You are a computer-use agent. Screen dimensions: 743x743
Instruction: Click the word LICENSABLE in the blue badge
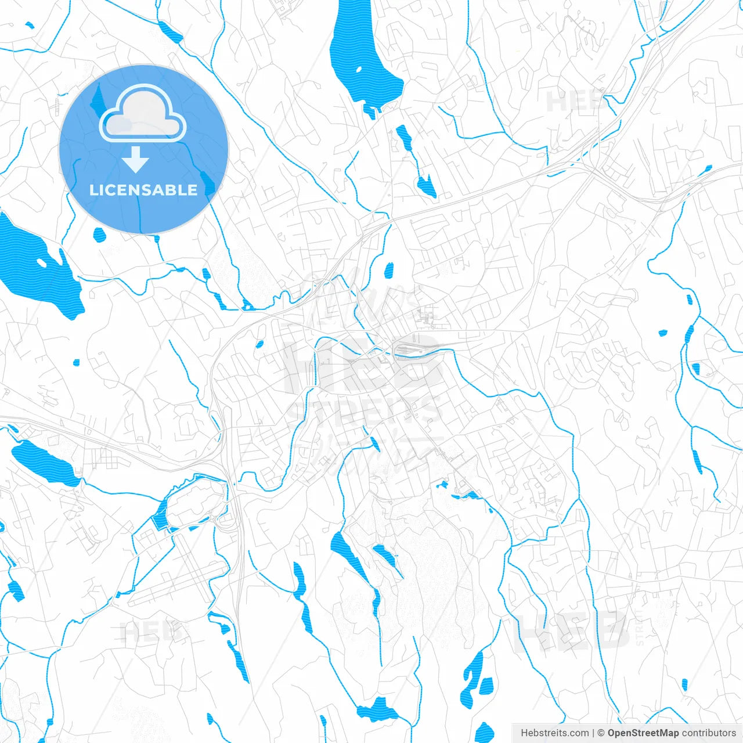click(143, 190)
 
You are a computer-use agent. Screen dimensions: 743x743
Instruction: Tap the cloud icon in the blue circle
click(143, 114)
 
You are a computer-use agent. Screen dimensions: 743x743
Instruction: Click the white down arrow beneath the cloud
click(136, 160)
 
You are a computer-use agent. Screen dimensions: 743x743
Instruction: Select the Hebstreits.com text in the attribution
click(554, 733)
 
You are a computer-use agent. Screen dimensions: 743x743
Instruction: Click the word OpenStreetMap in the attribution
click(643, 733)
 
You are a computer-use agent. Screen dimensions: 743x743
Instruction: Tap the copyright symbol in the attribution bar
click(601, 733)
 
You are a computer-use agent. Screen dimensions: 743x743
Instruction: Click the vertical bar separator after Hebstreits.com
click(593, 733)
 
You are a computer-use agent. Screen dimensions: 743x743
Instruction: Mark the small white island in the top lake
click(358, 70)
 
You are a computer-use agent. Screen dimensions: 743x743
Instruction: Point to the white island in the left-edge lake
click(41, 262)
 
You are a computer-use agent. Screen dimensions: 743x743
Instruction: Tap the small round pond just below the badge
click(99, 235)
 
